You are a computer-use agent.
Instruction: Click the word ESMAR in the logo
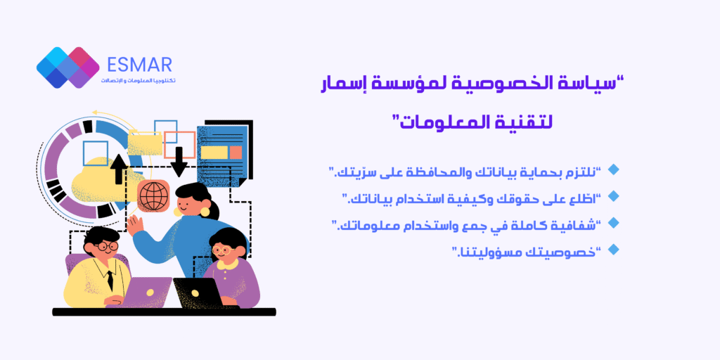(140, 65)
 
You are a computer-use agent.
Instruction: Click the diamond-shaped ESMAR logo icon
(68, 67)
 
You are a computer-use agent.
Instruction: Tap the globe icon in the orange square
(153, 196)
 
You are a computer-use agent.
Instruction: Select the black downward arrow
(179, 162)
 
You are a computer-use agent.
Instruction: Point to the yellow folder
(145, 143)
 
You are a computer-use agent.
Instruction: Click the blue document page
(222, 155)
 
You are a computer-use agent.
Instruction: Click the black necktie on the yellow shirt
(110, 280)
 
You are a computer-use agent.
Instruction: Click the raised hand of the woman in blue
(135, 226)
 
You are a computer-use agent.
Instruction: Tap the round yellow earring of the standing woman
(205, 212)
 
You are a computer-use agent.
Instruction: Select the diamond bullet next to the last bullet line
(613, 250)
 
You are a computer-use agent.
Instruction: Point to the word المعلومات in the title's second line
(438, 122)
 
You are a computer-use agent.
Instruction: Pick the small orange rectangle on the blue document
(236, 153)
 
